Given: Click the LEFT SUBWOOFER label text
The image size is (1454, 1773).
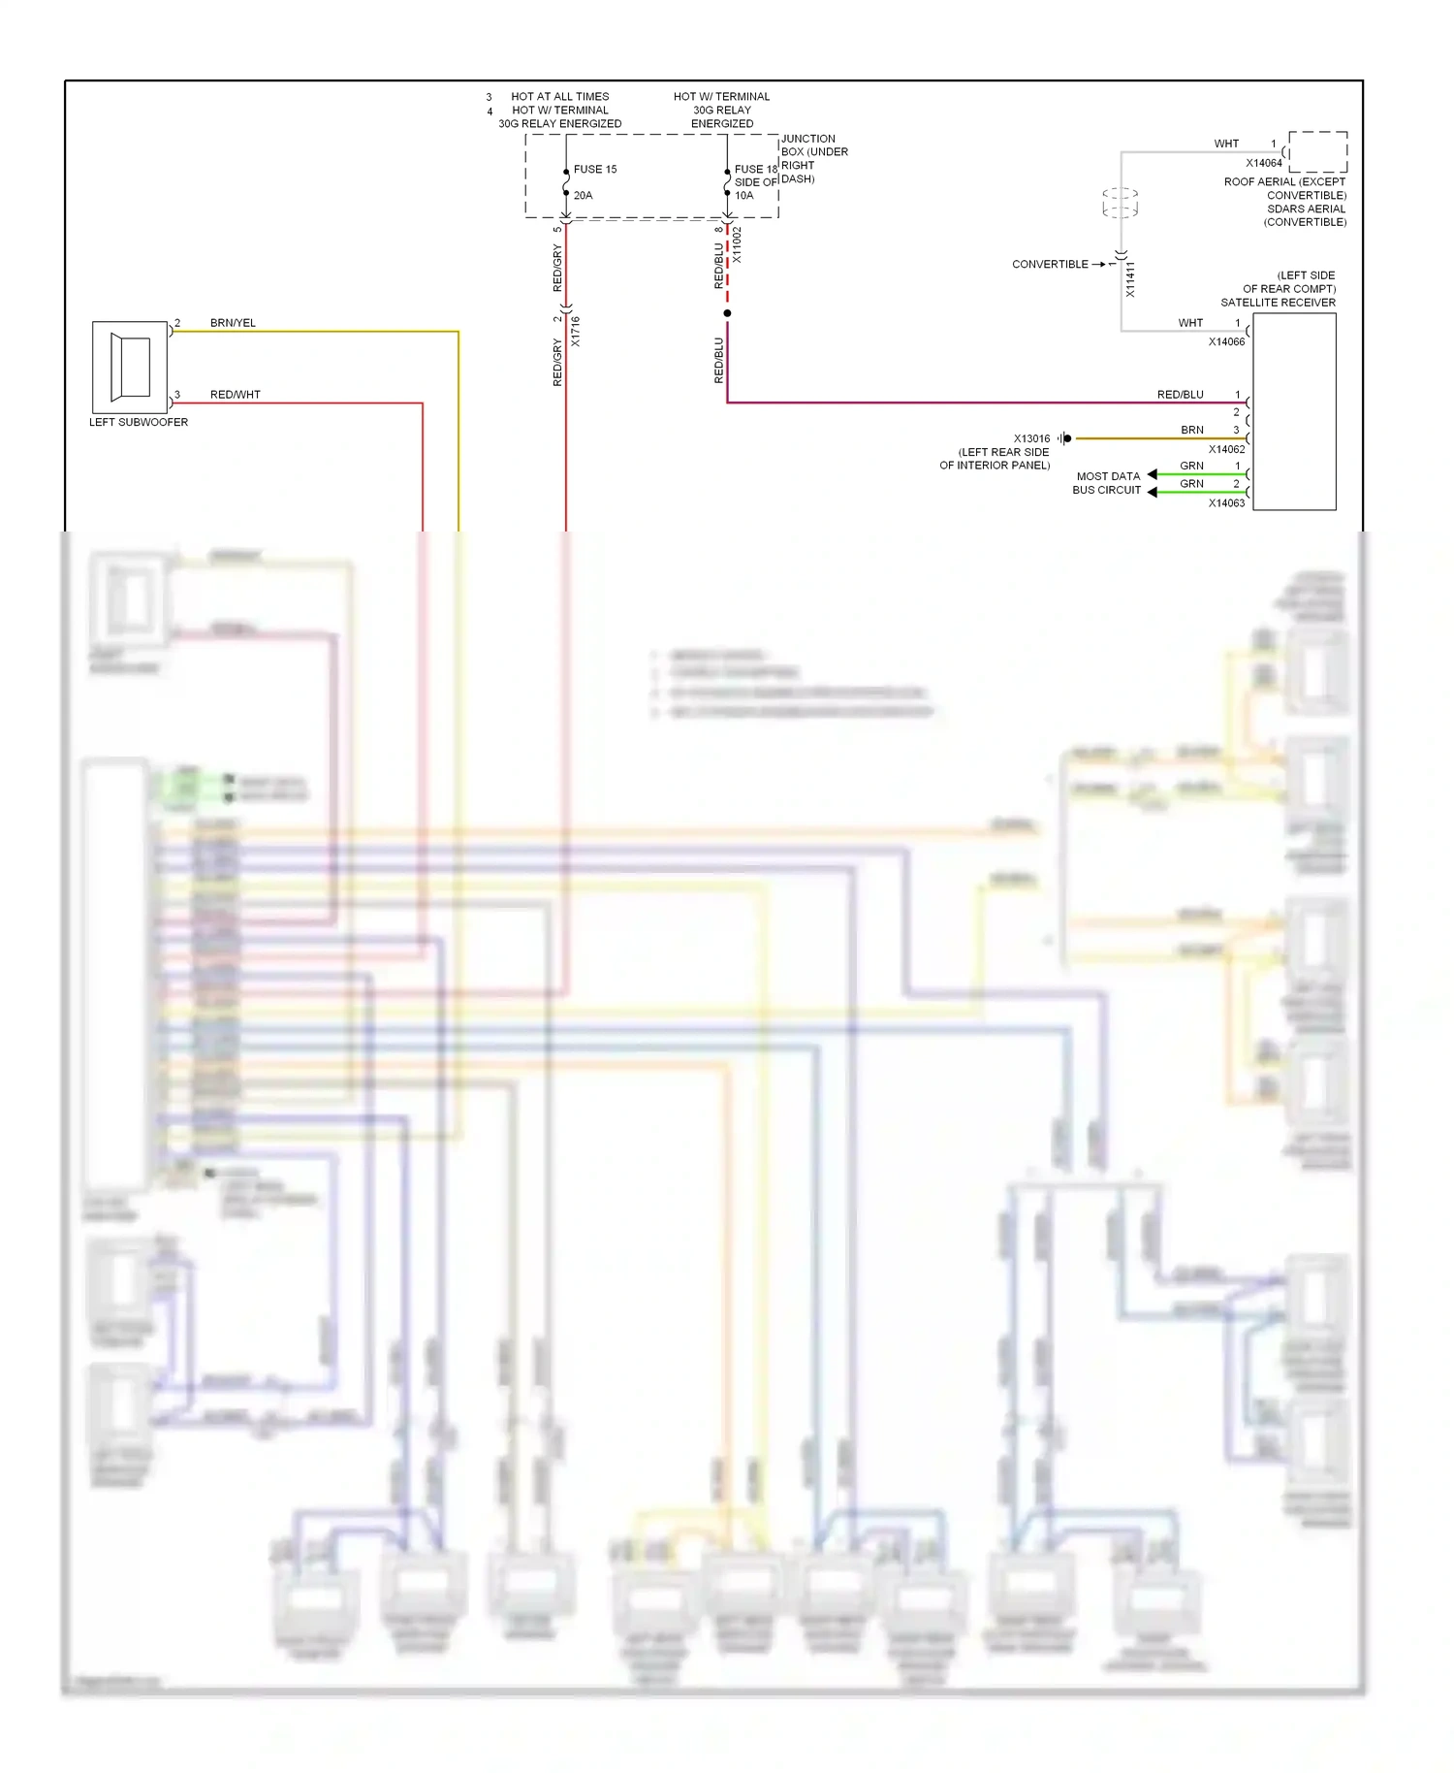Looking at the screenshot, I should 139,422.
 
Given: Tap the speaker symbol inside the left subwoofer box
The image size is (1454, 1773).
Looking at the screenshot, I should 131,367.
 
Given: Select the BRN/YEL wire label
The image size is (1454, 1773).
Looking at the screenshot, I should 233,323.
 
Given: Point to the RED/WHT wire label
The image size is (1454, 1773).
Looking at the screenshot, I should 235,395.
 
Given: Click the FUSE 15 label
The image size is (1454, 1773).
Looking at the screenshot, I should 595,169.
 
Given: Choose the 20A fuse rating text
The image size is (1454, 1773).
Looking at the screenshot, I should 583,195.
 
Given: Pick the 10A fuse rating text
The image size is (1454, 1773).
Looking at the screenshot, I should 743,195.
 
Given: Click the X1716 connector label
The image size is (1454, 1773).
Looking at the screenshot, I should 575,332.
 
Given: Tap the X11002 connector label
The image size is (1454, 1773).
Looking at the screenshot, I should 737,245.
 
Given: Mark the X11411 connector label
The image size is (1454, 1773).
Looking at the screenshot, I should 1130,279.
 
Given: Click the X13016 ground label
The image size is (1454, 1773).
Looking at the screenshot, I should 1031,438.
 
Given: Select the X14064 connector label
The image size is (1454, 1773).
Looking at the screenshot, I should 1264,163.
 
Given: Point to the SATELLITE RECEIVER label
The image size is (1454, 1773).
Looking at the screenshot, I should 1278,303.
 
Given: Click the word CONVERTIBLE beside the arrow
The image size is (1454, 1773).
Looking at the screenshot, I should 1050,264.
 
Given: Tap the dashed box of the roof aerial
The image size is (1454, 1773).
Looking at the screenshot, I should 1317,151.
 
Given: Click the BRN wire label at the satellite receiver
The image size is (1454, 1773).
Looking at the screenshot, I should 1191,430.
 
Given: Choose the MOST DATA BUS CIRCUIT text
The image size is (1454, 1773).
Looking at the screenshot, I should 1107,483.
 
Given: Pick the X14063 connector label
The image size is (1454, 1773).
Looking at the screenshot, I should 1226,503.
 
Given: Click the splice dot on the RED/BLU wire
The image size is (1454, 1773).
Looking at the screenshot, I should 727,313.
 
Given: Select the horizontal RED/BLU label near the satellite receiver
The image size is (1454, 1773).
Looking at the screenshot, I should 1180,395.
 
